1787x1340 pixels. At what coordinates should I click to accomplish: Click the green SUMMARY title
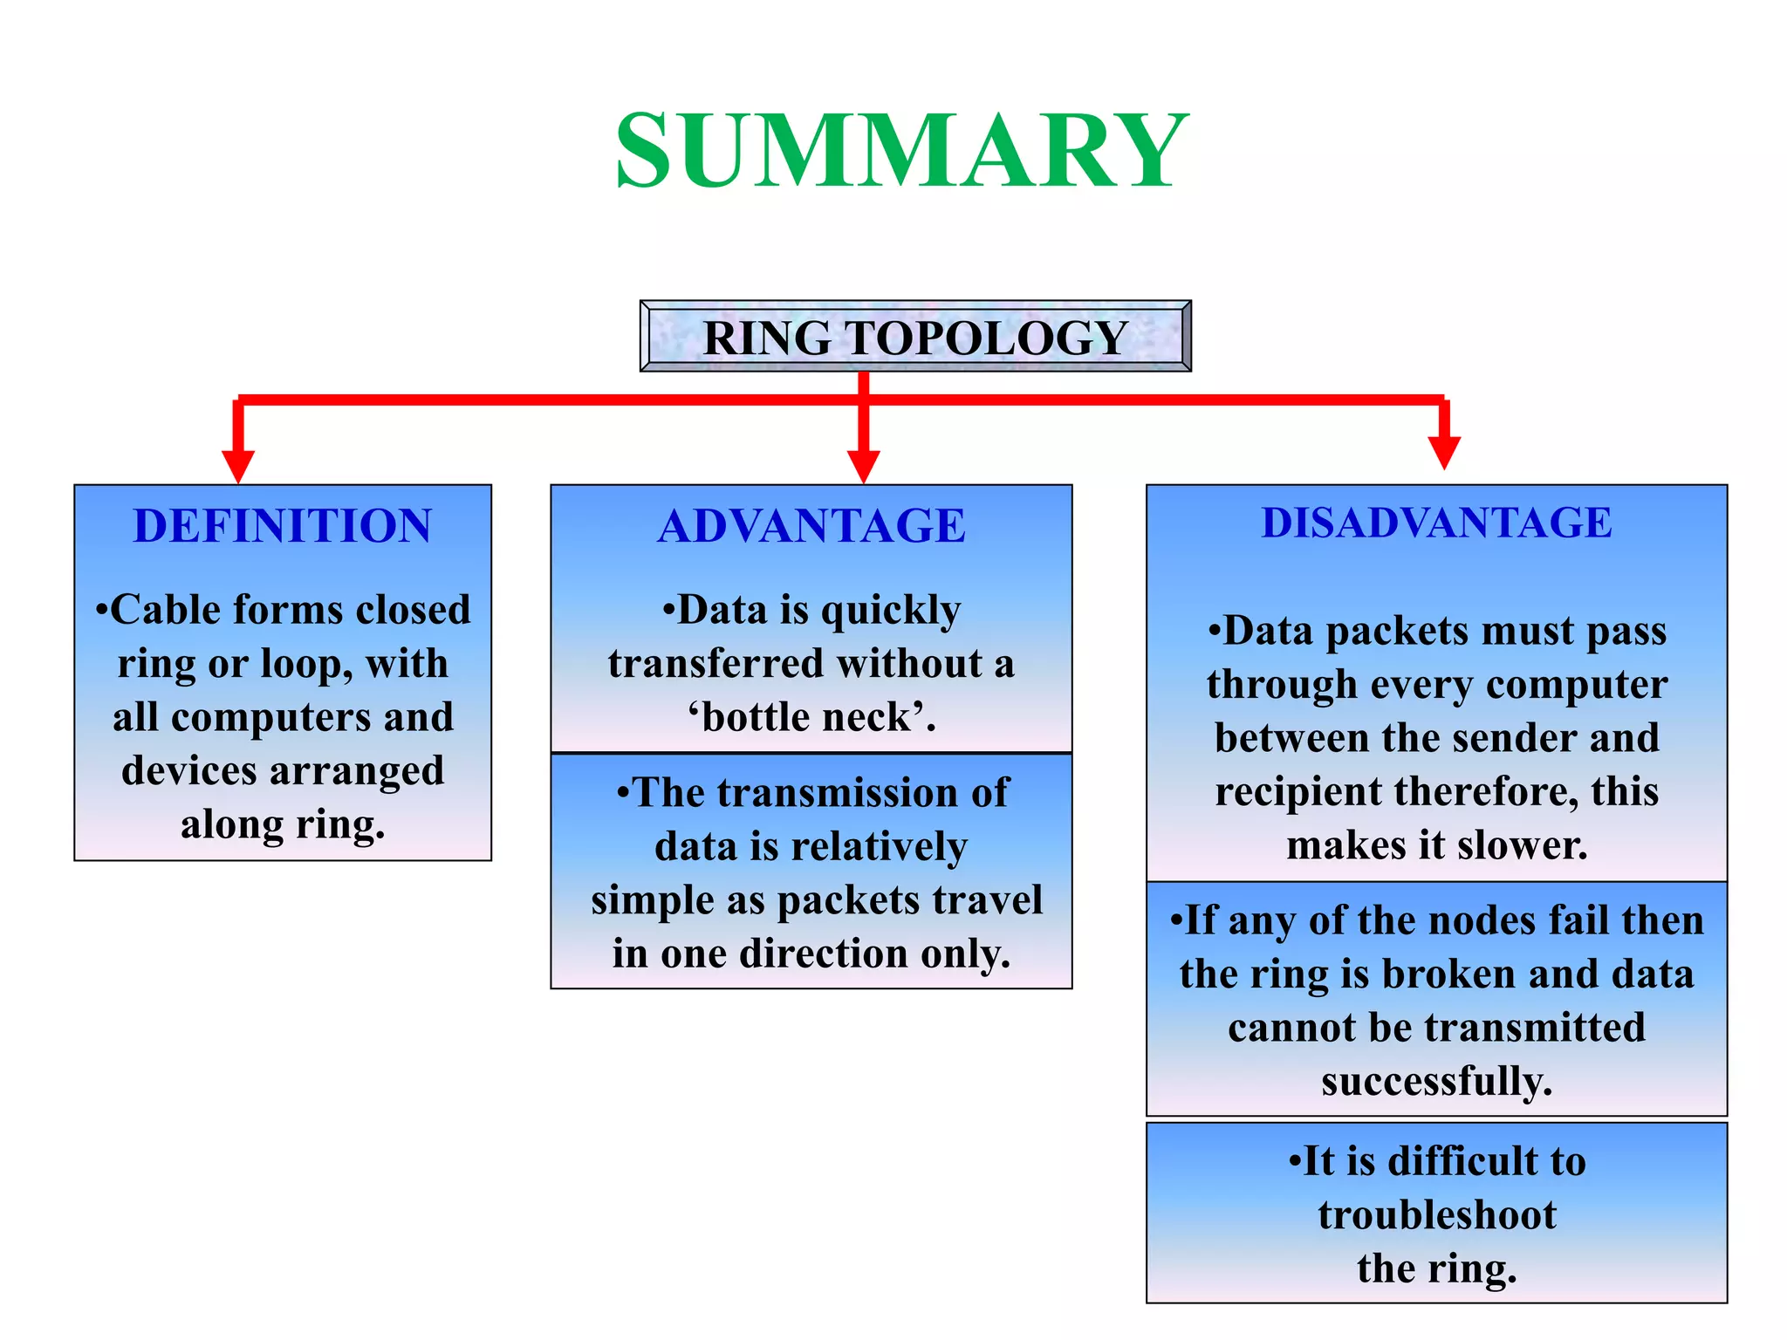(x=901, y=151)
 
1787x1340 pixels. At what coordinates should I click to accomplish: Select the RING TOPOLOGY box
(x=915, y=338)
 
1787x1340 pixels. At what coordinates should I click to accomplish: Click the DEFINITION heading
(x=283, y=526)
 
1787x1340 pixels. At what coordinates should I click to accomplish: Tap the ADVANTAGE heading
(x=811, y=526)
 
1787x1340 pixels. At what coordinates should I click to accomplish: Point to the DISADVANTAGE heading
(x=1436, y=523)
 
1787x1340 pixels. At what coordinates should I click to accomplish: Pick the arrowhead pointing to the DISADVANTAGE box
(x=1444, y=453)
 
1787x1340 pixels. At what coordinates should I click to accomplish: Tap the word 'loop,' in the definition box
(x=306, y=664)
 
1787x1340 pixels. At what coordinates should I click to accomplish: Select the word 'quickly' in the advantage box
(x=891, y=611)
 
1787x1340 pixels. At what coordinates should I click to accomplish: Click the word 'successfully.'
(x=1436, y=1082)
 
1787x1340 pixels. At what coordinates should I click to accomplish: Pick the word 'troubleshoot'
(x=1436, y=1215)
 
